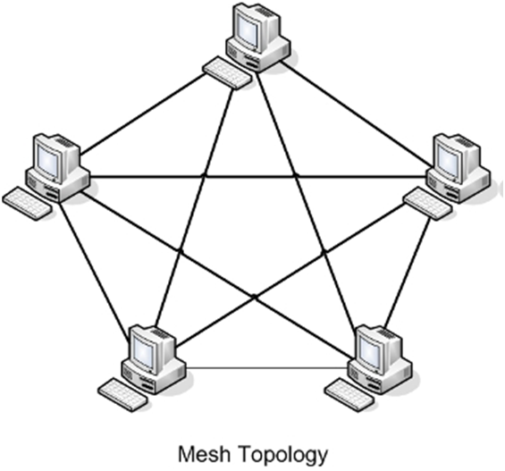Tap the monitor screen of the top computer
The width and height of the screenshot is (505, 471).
248,28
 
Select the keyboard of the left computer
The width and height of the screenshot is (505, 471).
28,202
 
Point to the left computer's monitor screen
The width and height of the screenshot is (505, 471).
48,159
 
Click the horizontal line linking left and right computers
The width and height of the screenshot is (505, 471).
259,176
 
